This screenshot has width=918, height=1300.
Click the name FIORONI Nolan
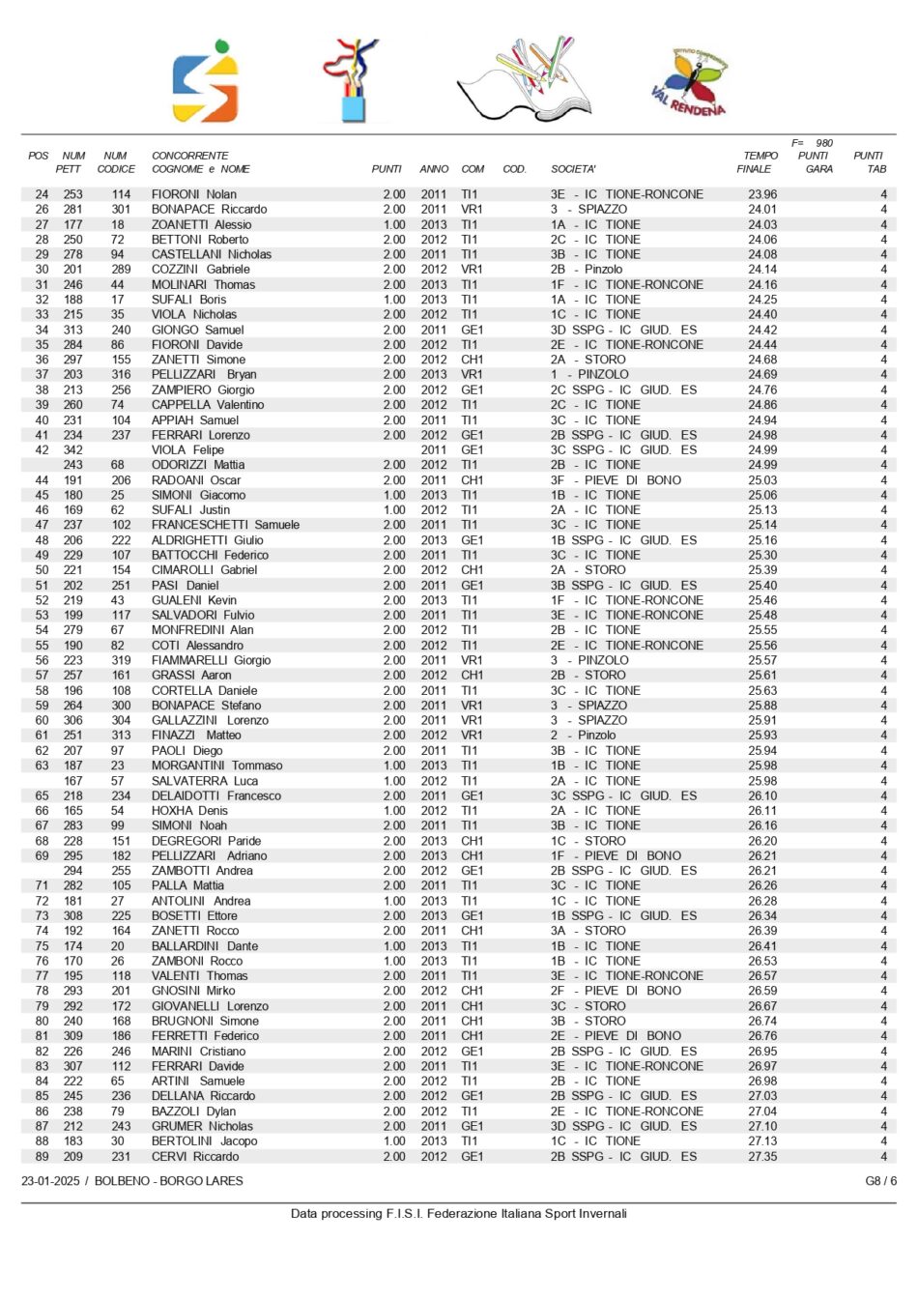pos(193,194)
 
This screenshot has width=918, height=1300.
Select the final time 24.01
pos(761,209)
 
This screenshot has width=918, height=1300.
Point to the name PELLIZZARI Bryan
pos(203,374)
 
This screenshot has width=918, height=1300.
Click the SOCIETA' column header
pos(573,169)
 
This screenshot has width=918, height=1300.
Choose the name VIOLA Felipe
pos(187,449)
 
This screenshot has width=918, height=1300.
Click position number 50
pos(42,570)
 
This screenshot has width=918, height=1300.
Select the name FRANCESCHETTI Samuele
pos(224,525)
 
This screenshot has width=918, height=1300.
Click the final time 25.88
pos(761,706)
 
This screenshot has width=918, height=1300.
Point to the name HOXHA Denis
pos(189,811)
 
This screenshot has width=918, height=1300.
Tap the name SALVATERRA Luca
pos(204,781)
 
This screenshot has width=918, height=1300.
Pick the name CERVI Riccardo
pos(194,1156)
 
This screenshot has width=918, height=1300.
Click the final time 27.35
pos(761,1156)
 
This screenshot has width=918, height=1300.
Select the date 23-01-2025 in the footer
pos(50,1181)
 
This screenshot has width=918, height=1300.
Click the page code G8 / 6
pos(880,1181)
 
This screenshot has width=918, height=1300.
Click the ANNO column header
pos(434,169)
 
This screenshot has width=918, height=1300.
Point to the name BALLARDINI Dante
pos(204,946)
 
